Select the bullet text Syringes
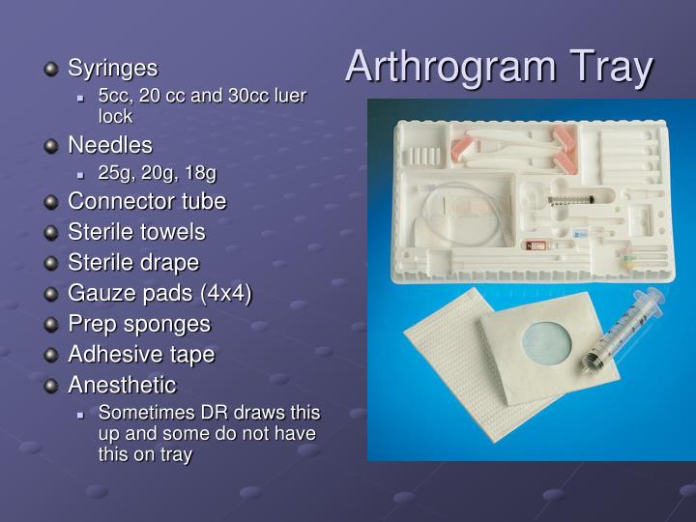pos(112,69)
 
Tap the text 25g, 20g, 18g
pos(157,173)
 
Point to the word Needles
pos(110,145)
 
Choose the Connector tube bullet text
pos(147,201)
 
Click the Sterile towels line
pos(136,232)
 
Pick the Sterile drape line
pos(133,262)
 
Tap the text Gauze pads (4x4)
pos(159,293)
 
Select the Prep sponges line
pos(138,324)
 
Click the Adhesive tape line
pos(141,355)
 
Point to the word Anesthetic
pos(122,385)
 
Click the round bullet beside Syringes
pos(51,69)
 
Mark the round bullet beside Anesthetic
pos(51,386)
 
